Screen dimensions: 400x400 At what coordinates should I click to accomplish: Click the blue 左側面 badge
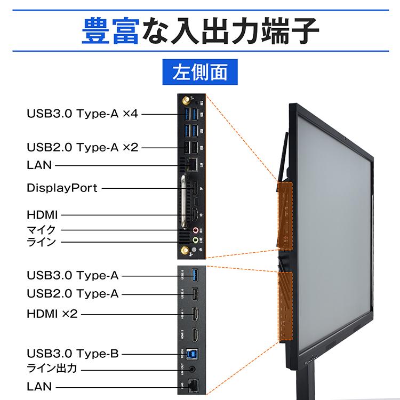pyautogui.click(x=200, y=73)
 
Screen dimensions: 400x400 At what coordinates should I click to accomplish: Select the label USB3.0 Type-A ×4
pyautogui.click(x=82, y=114)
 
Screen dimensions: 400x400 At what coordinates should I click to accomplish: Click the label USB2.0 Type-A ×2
pyautogui.click(x=82, y=147)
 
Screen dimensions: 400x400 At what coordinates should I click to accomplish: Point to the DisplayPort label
pyautogui.click(x=62, y=188)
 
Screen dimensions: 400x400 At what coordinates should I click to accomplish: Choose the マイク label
pyautogui.click(x=41, y=230)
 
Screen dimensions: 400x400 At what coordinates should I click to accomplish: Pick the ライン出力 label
pyautogui.click(x=52, y=369)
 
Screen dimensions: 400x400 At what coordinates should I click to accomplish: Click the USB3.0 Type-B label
pyautogui.click(x=73, y=354)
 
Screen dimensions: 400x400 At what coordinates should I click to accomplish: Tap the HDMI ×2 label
pyautogui.click(x=52, y=314)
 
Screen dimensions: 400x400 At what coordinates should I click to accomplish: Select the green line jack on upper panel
pyautogui.click(x=196, y=241)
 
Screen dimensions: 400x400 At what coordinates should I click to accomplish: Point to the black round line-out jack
pyautogui.click(x=195, y=369)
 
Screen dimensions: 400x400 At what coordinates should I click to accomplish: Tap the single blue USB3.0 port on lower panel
pyautogui.click(x=195, y=275)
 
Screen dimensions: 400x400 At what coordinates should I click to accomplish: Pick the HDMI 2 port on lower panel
pyautogui.click(x=195, y=335)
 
